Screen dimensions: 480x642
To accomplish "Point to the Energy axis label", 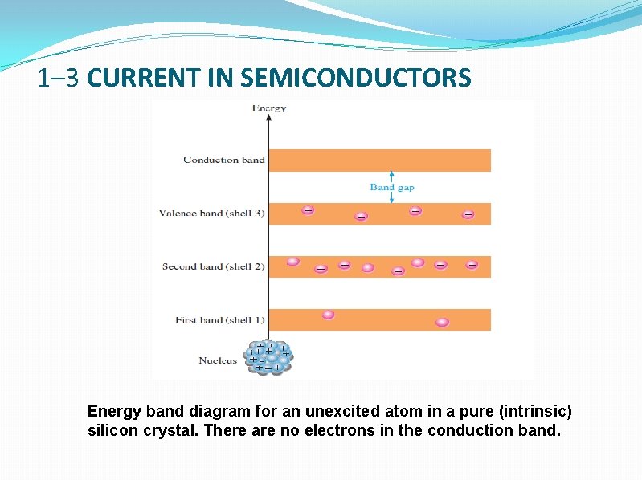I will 269,108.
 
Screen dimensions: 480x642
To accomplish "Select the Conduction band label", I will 223,160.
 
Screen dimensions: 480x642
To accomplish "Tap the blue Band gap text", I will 392,187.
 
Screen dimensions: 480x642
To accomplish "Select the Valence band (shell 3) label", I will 212,214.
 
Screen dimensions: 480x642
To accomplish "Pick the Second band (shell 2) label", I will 213,266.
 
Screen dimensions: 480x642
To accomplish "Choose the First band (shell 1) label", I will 219,319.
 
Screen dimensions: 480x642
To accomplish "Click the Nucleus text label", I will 218,360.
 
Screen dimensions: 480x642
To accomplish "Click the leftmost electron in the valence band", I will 308,209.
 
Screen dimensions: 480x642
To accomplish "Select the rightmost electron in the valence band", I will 468,214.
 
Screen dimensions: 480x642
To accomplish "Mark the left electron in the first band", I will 328,315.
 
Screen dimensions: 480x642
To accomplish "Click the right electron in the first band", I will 442,322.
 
